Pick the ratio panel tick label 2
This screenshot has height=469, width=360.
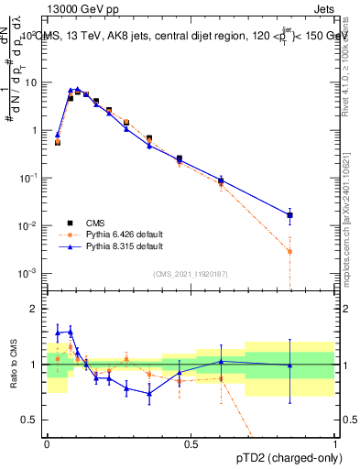pyautogui.click(x=36, y=310)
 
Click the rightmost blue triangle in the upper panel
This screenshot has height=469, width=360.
pyautogui.click(x=289, y=215)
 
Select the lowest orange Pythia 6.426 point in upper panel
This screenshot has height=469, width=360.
pyautogui.click(x=289, y=251)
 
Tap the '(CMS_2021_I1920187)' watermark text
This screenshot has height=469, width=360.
pyautogui.click(x=190, y=274)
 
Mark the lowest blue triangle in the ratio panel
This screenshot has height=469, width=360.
pyautogui.click(x=149, y=393)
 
